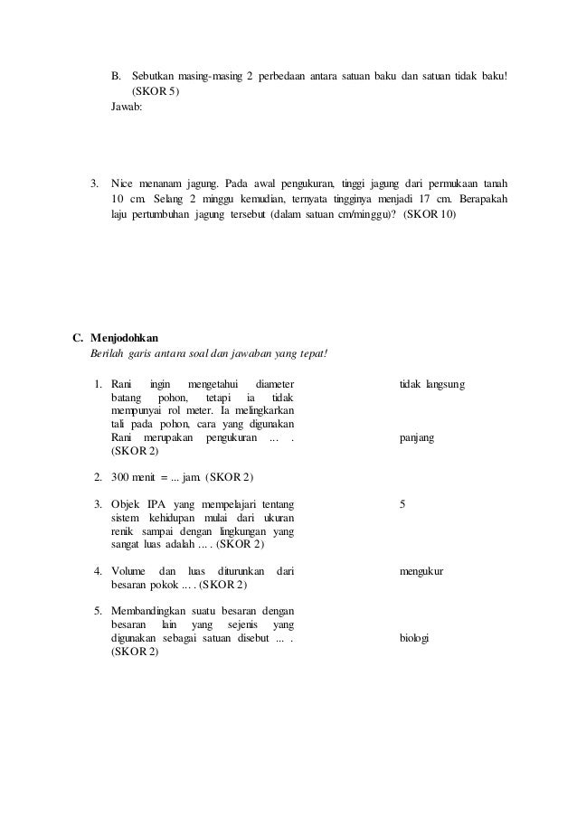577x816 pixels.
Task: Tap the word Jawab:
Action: tap(127, 107)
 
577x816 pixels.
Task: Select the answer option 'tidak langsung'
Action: tap(432, 385)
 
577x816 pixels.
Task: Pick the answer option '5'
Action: tap(402, 503)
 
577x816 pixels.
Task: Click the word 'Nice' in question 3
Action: tap(123, 184)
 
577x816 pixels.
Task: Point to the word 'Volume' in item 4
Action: tap(128, 571)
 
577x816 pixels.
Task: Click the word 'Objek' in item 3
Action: tap(126, 503)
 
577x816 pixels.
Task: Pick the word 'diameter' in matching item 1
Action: tap(275, 385)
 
